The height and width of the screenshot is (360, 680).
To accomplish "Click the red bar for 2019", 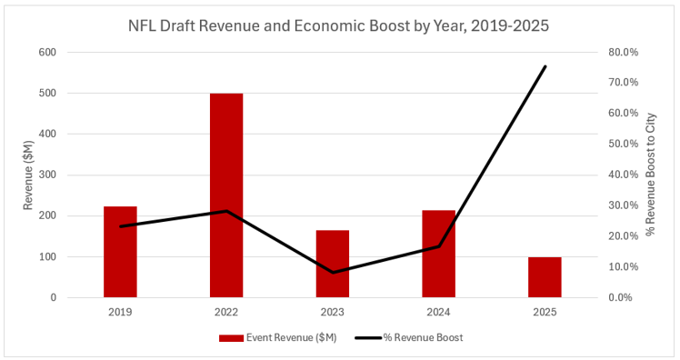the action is coord(120,252).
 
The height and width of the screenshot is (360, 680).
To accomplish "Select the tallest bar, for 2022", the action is coord(226,195).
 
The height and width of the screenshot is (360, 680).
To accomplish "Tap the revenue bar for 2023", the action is coord(333,264).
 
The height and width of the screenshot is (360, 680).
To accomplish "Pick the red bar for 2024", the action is coord(438,254).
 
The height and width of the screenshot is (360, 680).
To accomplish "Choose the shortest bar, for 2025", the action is coord(545,277).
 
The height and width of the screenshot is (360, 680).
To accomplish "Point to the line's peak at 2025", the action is coord(545,66).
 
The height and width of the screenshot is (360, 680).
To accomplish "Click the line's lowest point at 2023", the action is coord(333,273).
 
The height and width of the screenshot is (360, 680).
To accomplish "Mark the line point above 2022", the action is coord(226,211).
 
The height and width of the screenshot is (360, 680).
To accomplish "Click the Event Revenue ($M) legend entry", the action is coord(277,337).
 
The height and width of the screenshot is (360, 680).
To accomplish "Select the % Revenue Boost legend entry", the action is coord(409,337).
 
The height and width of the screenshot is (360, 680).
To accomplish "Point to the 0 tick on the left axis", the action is coord(54,297).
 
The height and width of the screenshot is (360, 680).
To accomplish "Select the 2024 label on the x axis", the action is coord(438,313).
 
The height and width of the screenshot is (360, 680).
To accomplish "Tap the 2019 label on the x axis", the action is coord(120,313).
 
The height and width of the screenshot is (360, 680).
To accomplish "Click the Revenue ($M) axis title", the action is coord(28,175).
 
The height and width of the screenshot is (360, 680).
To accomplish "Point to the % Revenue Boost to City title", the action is coord(651,175).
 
